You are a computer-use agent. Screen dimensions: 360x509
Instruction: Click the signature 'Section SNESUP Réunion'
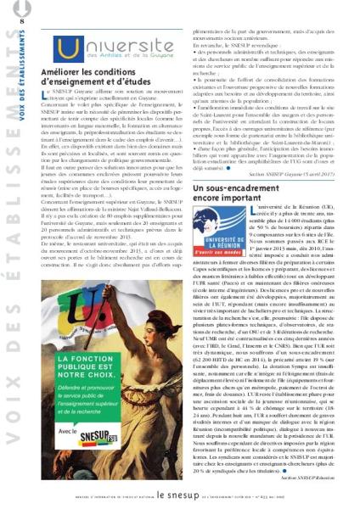coord(308,477)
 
